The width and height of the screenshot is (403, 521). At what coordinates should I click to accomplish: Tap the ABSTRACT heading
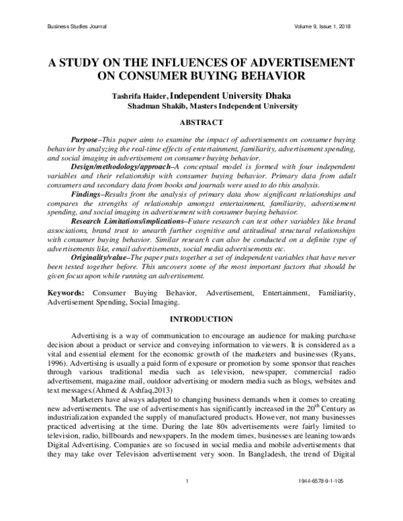[x=201, y=122]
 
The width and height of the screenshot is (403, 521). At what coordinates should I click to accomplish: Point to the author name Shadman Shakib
[x=152, y=106]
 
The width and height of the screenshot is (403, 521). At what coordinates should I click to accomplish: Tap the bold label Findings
[x=87, y=193]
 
